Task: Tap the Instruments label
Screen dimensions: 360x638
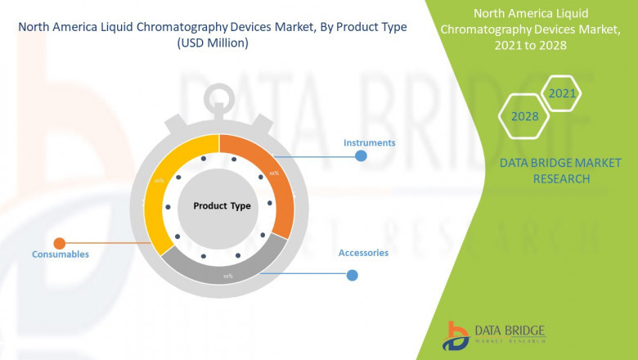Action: coord(369,143)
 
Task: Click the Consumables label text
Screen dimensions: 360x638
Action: coord(61,254)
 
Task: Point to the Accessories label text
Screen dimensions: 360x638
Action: coord(363,253)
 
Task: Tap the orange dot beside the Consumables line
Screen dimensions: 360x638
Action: coord(59,243)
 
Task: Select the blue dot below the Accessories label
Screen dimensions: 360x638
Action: coord(352,276)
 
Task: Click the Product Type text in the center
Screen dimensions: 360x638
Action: coord(222,206)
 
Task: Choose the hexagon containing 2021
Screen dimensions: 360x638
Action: coord(562,94)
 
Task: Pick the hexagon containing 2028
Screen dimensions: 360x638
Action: coord(525,116)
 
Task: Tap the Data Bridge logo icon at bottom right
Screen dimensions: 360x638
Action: coord(455,335)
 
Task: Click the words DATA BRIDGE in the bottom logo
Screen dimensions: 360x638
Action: coord(510,329)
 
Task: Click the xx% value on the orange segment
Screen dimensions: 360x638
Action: coord(275,173)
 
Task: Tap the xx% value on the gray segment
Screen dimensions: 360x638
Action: coord(228,276)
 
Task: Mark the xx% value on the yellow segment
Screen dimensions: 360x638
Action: coord(159,182)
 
